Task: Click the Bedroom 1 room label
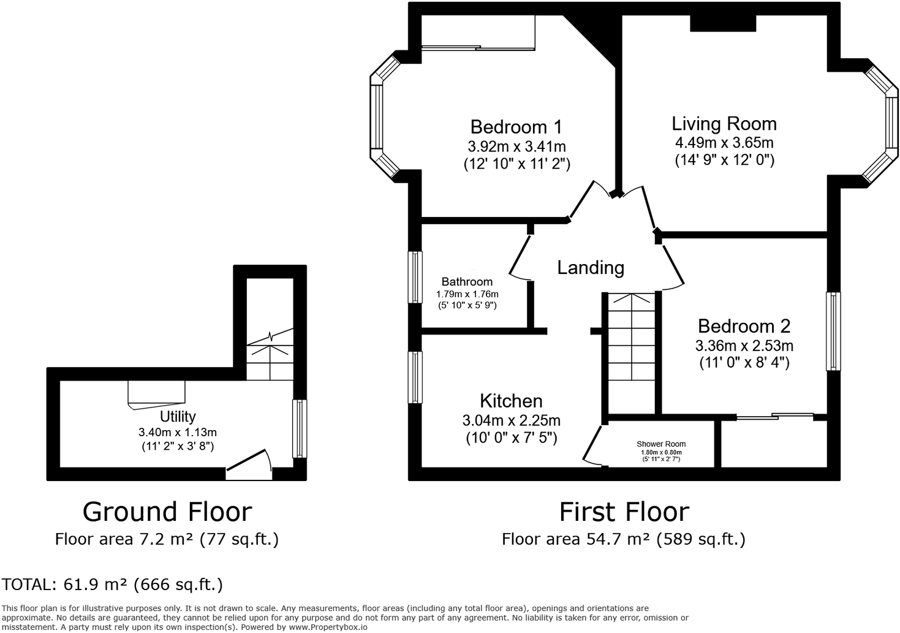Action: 516,127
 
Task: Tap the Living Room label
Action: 724,124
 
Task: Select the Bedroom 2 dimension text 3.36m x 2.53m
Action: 744,346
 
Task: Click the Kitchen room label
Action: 511,401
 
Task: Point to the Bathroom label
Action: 467,282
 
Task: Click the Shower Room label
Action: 660,444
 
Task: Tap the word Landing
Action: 591,268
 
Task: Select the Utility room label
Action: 178,417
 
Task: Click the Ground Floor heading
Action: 167,512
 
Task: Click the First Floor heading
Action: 624,512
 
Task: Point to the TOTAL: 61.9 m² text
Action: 112,585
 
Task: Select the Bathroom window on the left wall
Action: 415,277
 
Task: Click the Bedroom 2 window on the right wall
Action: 833,331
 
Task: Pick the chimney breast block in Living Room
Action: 723,23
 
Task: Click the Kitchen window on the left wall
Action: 415,377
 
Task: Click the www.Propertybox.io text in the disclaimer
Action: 328,627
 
